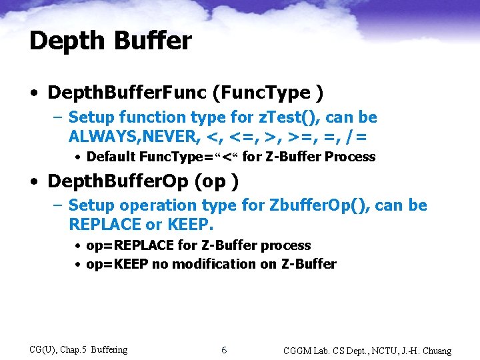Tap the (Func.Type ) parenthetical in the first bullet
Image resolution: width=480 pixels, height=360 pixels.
pyautogui.click(x=251, y=92)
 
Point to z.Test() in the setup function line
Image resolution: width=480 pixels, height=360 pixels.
pyautogui.click(x=311, y=117)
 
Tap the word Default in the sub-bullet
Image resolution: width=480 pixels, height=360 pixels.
pyautogui.click(x=110, y=157)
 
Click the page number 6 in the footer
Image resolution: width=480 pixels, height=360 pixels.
pyautogui.click(x=224, y=350)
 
